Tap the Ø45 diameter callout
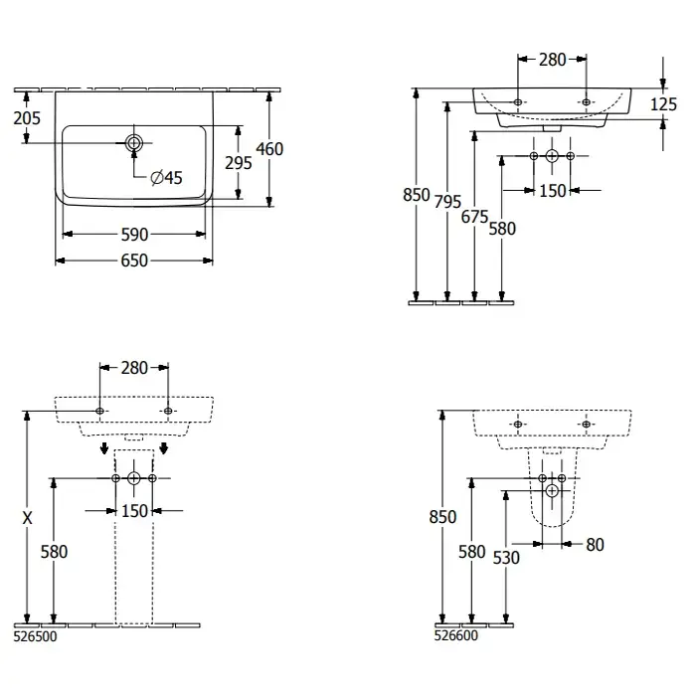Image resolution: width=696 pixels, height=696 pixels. click(166, 178)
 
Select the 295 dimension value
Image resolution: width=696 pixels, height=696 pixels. click(239, 163)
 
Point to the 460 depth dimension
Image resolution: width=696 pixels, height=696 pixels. click(269, 149)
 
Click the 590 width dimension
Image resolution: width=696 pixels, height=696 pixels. click(134, 235)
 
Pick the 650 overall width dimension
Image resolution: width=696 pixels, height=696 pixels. click(134, 261)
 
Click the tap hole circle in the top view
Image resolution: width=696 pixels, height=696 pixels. click(134, 142)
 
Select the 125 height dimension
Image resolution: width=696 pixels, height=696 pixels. click(664, 104)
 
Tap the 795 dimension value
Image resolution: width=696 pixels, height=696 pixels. click(448, 202)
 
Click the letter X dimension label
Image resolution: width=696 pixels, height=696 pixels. click(28, 517)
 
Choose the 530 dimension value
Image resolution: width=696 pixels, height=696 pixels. click(506, 558)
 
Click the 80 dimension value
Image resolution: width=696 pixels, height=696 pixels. click(595, 544)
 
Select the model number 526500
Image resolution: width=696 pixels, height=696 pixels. click(36, 639)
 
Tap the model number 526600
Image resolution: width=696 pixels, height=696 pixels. click(456, 637)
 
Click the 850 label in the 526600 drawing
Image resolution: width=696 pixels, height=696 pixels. click(442, 517)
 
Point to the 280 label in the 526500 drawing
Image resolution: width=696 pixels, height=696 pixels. click(134, 368)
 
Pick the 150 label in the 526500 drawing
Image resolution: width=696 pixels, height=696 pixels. click(134, 511)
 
